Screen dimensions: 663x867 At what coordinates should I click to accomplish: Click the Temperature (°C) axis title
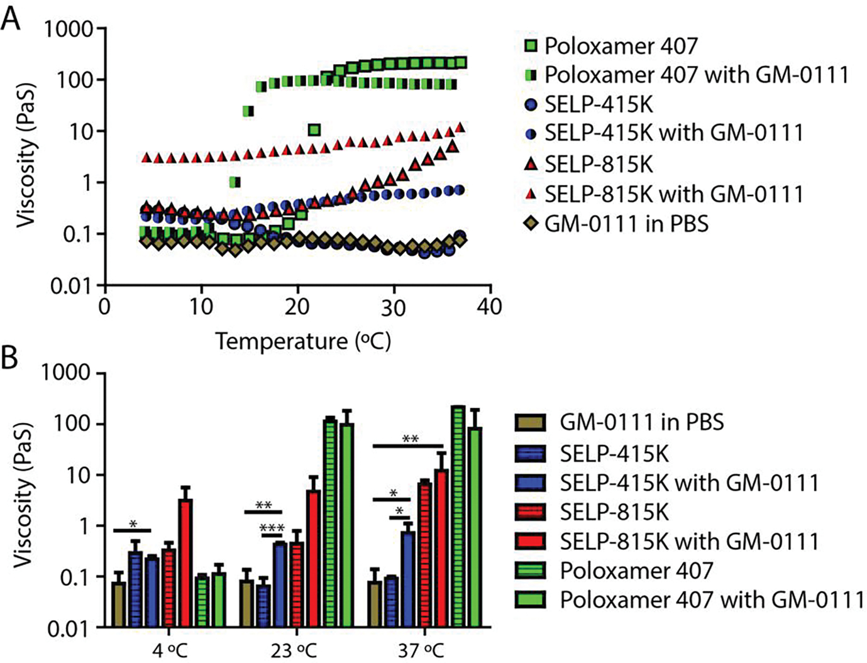pyautogui.click(x=303, y=341)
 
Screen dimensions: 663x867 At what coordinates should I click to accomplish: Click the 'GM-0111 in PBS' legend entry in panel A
pyautogui.click(x=626, y=224)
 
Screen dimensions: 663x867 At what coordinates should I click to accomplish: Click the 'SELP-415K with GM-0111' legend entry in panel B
pyautogui.click(x=689, y=483)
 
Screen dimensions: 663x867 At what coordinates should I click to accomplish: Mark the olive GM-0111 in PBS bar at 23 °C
pyautogui.click(x=247, y=603)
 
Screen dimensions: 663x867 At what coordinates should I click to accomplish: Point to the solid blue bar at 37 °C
pyautogui.click(x=407, y=579)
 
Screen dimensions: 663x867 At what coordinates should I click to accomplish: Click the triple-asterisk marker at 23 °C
pyautogui.click(x=272, y=529)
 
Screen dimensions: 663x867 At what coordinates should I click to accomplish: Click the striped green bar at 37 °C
pyautogui.click(x=458, y=516)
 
